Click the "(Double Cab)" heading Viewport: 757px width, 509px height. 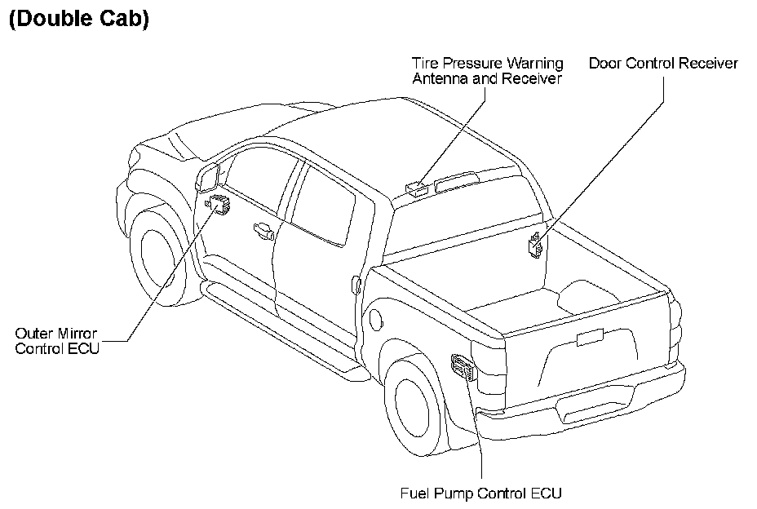[x=78, y=20]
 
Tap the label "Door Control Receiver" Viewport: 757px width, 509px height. [x=663, y=63]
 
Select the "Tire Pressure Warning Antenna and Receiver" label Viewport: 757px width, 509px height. [x=487, y=71]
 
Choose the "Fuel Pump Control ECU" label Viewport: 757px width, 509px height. [x=481, y=493]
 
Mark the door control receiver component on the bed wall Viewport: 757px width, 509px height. [x=536, y=244]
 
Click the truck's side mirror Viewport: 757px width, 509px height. [x=209, y=176]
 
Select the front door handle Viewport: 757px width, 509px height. [x=263, y=230]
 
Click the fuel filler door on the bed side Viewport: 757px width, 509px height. [x=356, y=284]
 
